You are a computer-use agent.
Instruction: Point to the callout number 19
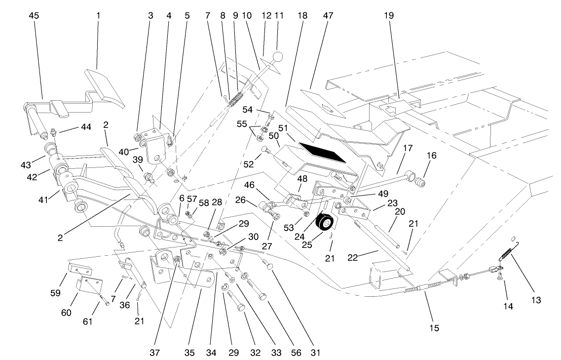(x=389, y=16)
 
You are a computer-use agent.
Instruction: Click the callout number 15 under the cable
(x=434, y=327)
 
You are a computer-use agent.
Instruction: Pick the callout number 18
(x=302, y=16)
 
